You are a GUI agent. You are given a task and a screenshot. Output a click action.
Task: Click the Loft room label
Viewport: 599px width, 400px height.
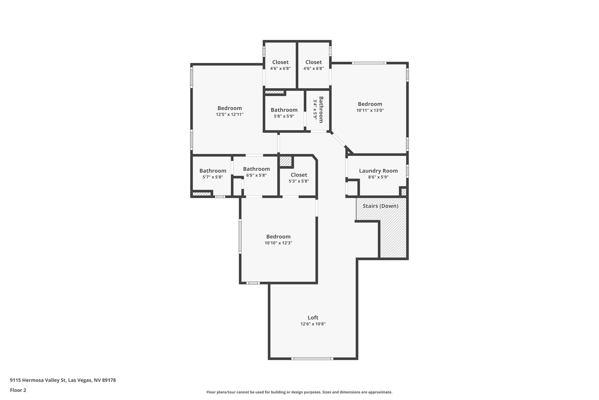[313, 317]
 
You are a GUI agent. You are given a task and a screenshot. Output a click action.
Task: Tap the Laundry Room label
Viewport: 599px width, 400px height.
[378, 171]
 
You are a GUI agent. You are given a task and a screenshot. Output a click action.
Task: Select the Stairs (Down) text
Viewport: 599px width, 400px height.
[381, 206]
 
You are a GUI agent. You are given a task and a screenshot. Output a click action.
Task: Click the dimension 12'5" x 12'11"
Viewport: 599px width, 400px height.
[230, 115]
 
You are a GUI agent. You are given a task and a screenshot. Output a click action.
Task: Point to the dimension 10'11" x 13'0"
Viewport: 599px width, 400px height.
[370, 110]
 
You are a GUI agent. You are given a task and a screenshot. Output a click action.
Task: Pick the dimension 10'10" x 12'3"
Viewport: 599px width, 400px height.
[278, 243]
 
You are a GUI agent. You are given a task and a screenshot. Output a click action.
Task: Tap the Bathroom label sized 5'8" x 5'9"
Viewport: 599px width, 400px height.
[284, 110]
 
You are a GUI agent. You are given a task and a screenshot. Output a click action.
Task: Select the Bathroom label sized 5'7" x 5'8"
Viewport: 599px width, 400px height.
[213, 171]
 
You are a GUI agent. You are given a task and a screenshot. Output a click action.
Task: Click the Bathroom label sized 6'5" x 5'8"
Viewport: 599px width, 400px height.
[256, 169]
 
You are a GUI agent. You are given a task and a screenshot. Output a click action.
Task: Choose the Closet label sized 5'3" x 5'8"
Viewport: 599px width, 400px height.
[299, 175]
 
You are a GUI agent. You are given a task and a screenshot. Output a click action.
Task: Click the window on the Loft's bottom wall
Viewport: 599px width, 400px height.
[312, 358]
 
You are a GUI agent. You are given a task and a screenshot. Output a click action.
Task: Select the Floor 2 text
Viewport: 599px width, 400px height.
[18, 390]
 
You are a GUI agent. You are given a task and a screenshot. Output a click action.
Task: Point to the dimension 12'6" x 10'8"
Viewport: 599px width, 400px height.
[313, 324]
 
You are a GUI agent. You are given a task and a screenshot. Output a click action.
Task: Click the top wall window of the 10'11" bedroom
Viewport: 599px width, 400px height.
[369, 63]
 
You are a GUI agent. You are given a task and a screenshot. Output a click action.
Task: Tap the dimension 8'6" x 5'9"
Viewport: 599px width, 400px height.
[378, 177]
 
